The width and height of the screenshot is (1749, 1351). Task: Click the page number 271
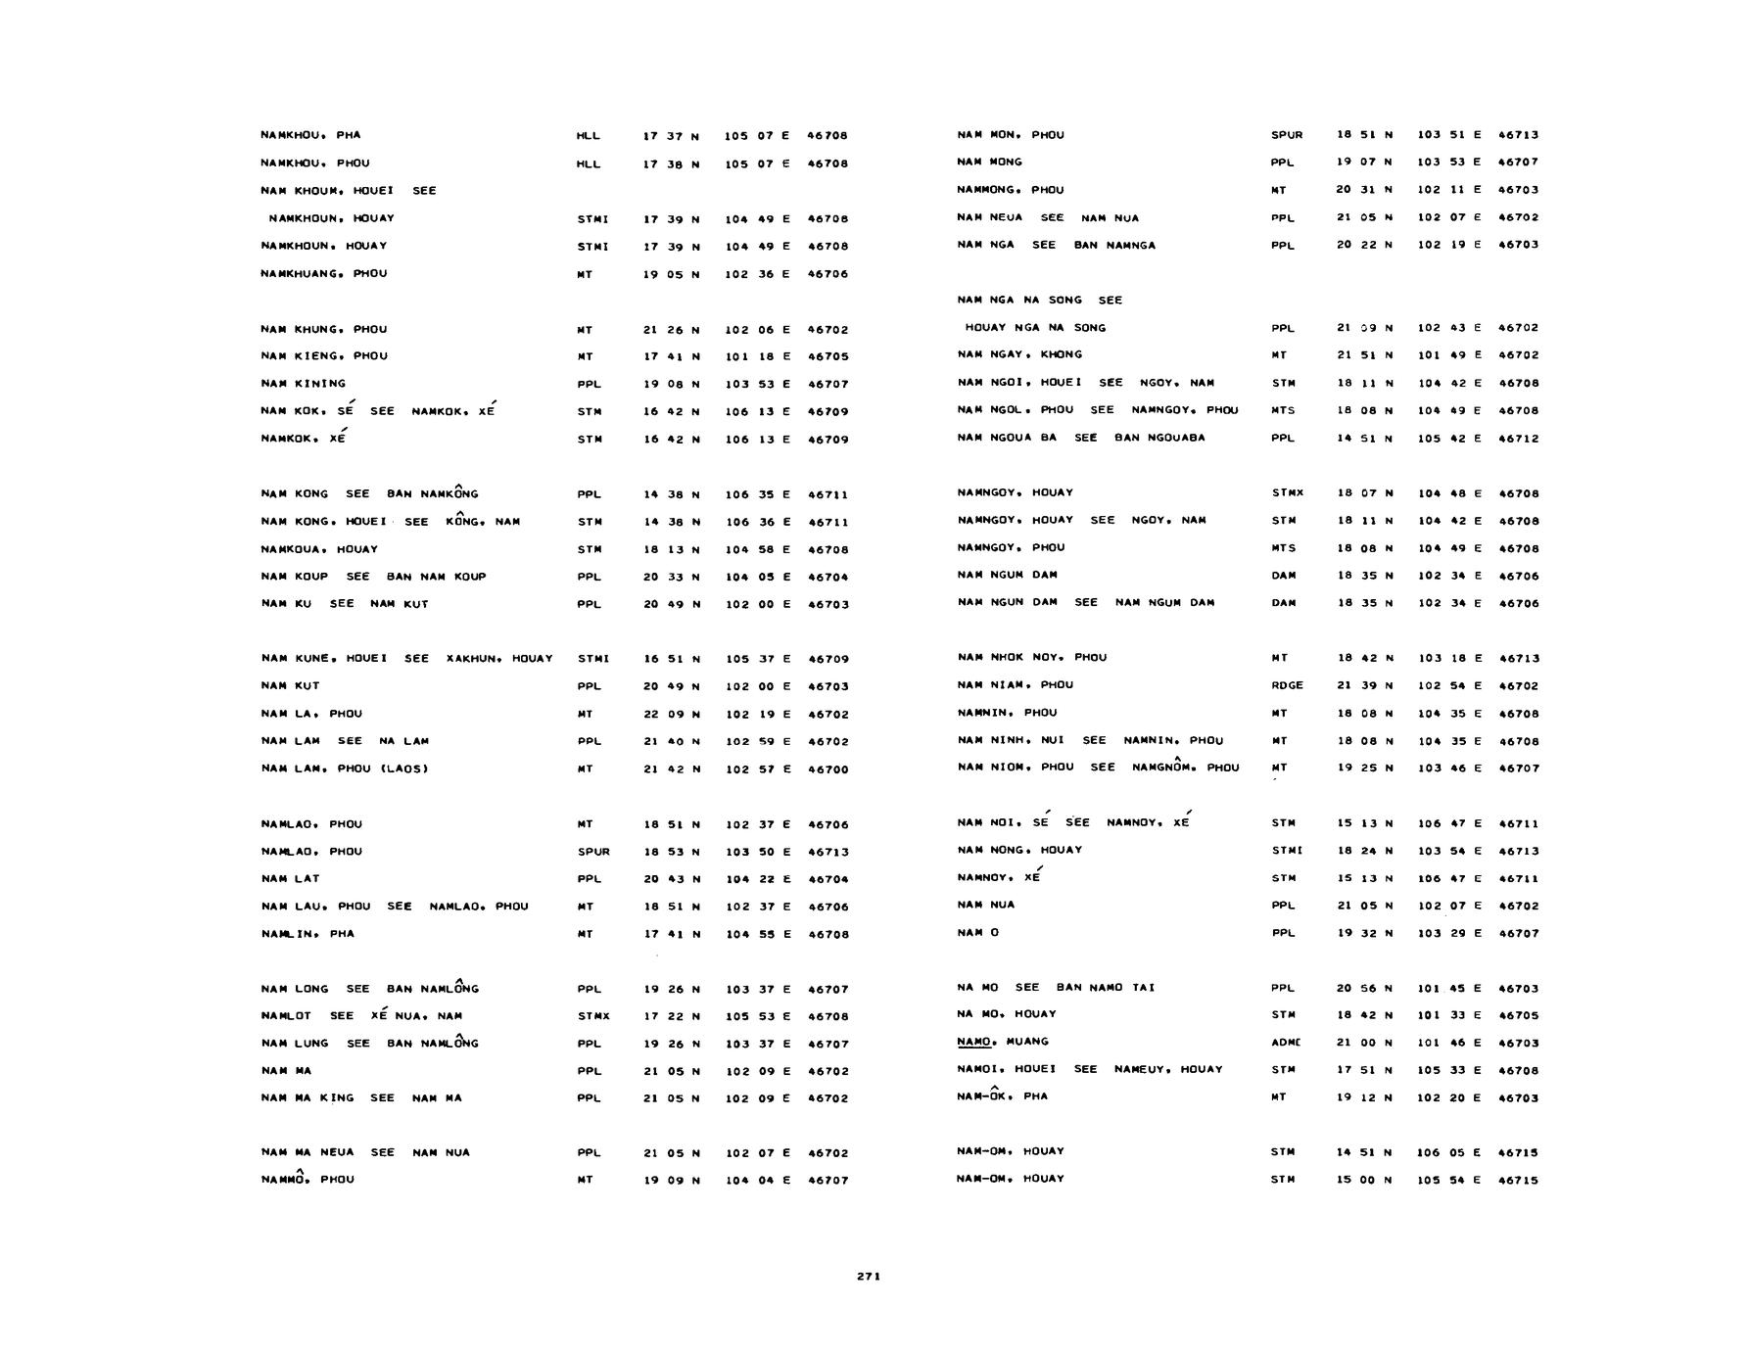click(x=868, y=1276)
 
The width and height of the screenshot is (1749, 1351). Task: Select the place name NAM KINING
click(x=304, y=384)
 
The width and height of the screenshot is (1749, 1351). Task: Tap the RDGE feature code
click(x=1287, y=685)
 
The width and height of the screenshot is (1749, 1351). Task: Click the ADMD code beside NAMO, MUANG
click(x=1286, y=1043)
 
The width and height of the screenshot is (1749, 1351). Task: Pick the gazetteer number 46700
click(x=827, y=769)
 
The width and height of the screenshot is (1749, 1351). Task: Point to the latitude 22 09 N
click(x=672, y=715)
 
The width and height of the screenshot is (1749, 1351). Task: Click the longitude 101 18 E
click(x=757, y=356)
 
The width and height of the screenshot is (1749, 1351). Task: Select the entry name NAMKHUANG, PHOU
click(x=324, y=274)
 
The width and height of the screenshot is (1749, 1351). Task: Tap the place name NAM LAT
click(x=291, y=879)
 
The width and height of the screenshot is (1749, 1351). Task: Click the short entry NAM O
click(x=978, y=933)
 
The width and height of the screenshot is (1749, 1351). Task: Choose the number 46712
click(x=1518, y=439)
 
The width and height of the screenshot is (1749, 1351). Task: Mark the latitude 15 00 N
click(x=1364, y=1180)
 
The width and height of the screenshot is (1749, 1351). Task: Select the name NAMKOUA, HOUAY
click(x=319, y=549)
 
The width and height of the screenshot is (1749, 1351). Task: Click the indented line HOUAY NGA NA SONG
click(x=1035, y=328)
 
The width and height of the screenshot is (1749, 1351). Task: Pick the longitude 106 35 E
click(x=757, y=494)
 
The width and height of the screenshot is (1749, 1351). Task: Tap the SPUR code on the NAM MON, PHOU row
click(x=1287, y=135)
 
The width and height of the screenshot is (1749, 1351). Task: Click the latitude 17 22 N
click(x=672, y=1016)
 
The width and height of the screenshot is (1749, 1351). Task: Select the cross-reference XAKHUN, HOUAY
click(x=499, y=659)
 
